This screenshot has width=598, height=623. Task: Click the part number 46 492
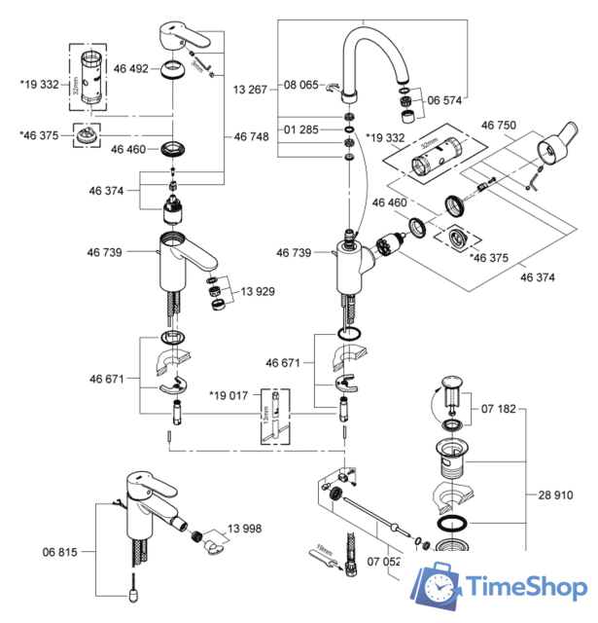coord(129,69)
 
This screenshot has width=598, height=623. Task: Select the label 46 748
coord(252,138)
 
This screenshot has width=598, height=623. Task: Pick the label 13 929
coord(260,292)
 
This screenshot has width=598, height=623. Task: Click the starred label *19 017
coord(230,395)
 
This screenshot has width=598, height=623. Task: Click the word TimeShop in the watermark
coord(523,587)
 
